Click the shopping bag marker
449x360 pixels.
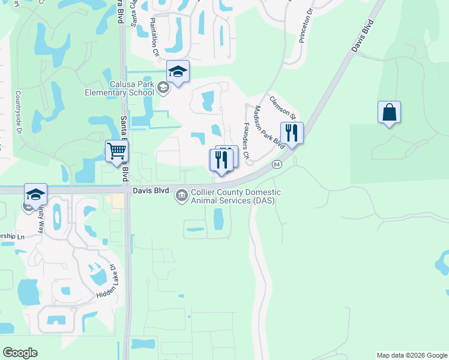pyautogui.click(x=389, y=112)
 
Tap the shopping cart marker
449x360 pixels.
pyautogui.click(x=116, y=151)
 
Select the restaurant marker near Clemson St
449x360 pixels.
pyautogui.click(x=292, y=133)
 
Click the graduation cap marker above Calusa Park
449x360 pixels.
pyautogui.click(x=178, y=72)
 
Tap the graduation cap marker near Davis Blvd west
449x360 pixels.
pyautogui.click(x=35, y=195)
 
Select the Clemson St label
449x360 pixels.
pyautogui.click(x=283, y=107)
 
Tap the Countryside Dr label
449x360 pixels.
pyautogui.click(x=18, y=113)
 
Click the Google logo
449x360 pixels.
pyautogui.click(x=20, y=353)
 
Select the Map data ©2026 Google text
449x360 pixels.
pyautogui.click(x=411, y=355)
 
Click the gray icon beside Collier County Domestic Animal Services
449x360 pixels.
pyautogui.click(x=181, y=196)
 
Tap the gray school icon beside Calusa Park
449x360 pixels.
pyautogui.click(x=162, y=89)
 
